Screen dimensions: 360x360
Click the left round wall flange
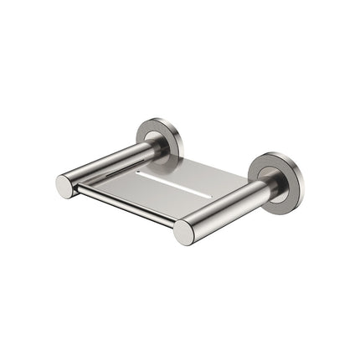click(158, 138)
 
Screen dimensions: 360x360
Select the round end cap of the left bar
click(66, 186)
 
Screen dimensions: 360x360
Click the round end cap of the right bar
click(184, 232)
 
